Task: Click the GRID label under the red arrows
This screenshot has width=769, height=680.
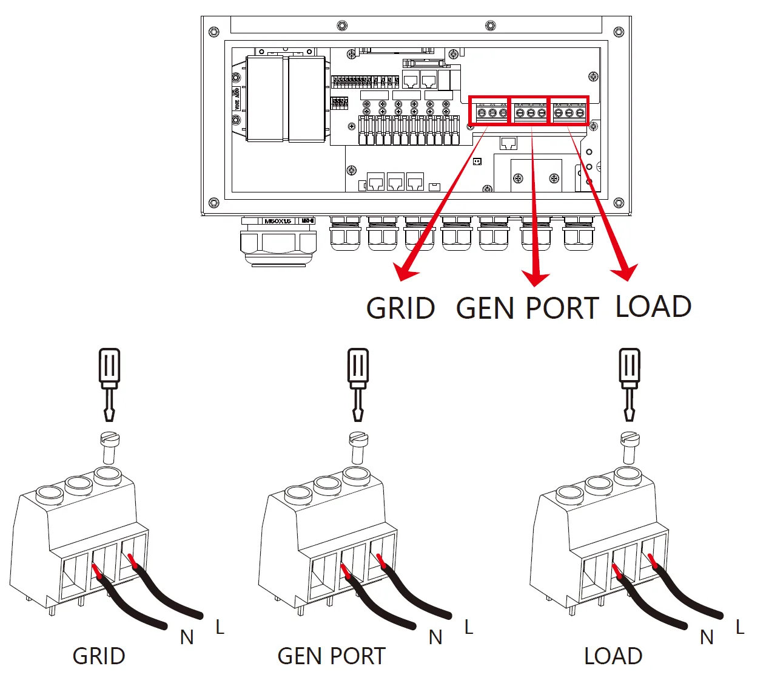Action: click(401, 308)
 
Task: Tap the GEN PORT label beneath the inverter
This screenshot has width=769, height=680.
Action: click(527, 308)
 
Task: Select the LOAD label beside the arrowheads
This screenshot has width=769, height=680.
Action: click(653, 306)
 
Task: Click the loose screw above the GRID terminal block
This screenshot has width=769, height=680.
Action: click(109, 447)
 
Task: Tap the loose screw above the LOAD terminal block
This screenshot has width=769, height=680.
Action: click(630, 446)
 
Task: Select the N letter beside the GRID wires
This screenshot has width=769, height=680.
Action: click(187, 637)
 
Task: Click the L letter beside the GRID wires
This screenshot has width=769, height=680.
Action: click(220, 627)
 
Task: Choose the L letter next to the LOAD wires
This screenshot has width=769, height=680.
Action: click(739, 627)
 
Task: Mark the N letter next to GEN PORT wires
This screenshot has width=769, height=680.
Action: click(435, 637)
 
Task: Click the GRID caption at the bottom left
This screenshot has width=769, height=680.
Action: click(99, 656)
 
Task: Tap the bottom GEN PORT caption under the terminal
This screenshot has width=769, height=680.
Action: click(331, 656)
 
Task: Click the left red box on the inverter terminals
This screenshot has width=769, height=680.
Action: click(489, 110)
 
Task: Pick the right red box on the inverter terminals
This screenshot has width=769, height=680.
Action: click(569, 110)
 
